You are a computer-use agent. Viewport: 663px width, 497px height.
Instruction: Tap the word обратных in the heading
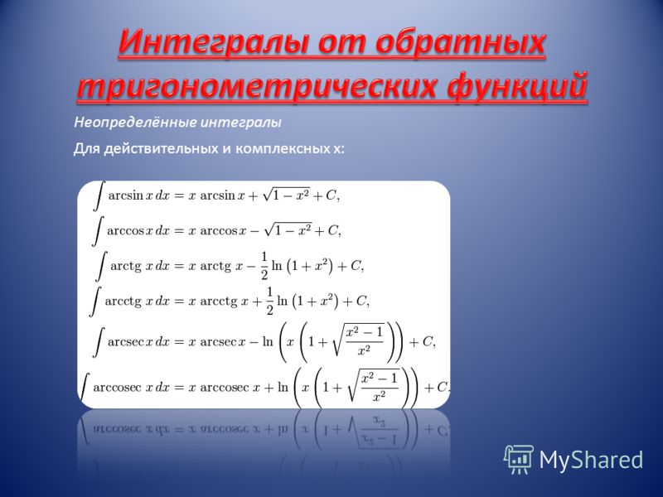click(x=459, y=42)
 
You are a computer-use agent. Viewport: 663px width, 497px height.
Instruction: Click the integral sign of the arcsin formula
click(x=99, y=195)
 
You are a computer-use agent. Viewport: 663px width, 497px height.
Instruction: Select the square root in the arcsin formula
click(x=286, y=195)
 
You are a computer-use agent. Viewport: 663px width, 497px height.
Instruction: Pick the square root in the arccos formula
click(x=288, y=230)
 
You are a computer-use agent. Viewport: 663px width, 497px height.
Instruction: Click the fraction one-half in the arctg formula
click(x=264, y=266)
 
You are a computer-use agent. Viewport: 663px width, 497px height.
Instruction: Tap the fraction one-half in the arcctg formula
click(x=270, y=301)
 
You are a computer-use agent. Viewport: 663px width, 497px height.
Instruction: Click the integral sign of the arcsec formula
click(x=99, y=342)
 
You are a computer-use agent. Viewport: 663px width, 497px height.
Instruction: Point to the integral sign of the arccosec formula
click(x=85, y=387)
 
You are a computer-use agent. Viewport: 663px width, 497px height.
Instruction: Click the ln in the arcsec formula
click(x=268, y=341)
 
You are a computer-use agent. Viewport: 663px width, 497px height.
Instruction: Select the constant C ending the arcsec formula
click(x=427, y=341)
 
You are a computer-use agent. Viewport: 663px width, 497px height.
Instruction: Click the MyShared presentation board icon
click(x=519, y=460)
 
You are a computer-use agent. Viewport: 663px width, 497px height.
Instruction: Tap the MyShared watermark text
click(x=591, y=460)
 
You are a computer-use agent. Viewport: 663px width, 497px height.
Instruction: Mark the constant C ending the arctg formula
click(x=356, y=265)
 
